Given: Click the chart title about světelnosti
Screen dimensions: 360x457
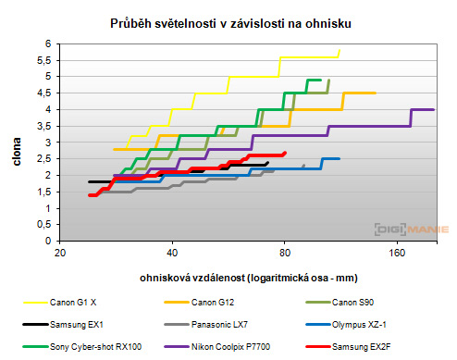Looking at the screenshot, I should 228,20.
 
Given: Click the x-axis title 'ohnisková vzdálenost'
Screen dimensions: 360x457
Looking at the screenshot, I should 248,277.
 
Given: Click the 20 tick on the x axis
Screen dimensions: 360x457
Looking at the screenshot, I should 60,252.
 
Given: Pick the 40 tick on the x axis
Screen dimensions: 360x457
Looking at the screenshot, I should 172,252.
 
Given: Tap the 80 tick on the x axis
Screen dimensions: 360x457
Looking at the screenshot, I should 284,252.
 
